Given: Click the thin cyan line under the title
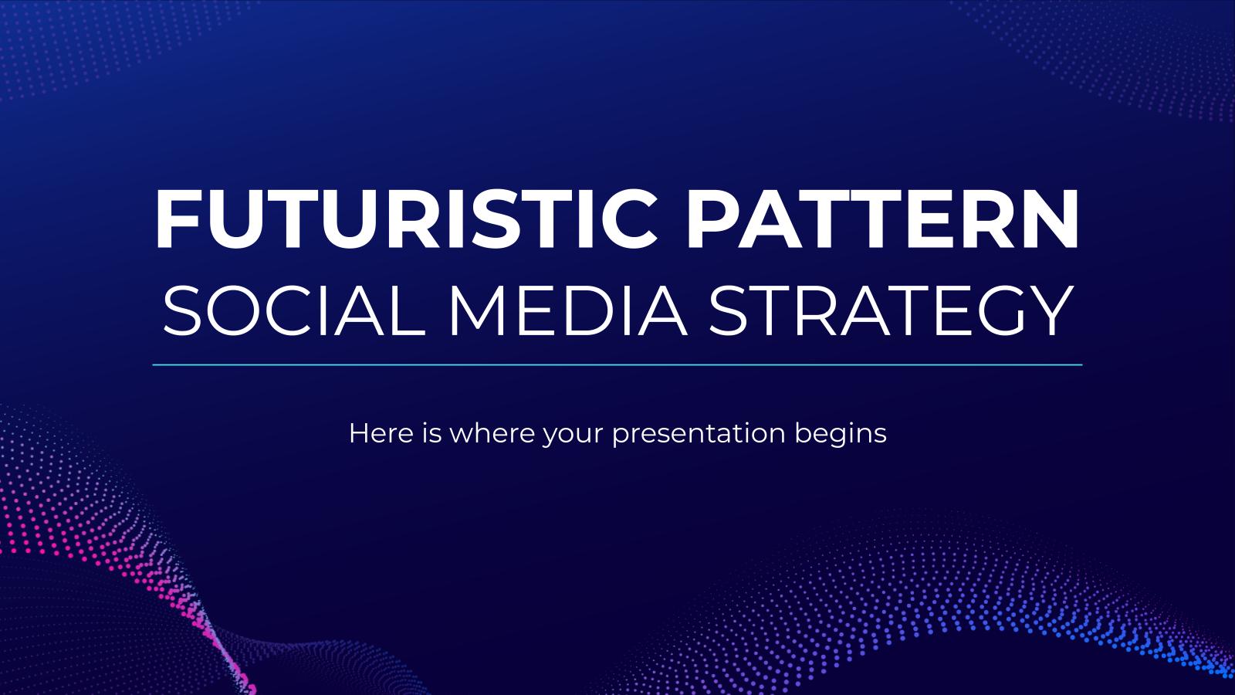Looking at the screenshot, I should (x=617, y=364).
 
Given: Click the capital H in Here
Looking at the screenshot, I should (x=357, y=433).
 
